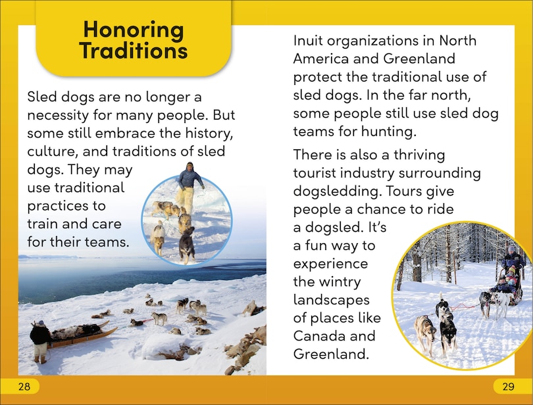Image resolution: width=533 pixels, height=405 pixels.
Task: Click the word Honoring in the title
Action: tap(134, 30)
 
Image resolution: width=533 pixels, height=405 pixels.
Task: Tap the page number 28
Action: tap(24, 387)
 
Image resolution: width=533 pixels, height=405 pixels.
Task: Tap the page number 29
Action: tap(509, 387)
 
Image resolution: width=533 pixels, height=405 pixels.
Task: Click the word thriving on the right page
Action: tap(419, 155)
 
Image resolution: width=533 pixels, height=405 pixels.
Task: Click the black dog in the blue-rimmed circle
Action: tap(188, 245)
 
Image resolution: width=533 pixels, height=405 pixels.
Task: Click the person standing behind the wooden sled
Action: tap(39, 341)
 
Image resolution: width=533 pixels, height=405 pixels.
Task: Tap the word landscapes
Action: tap(332, 300)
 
